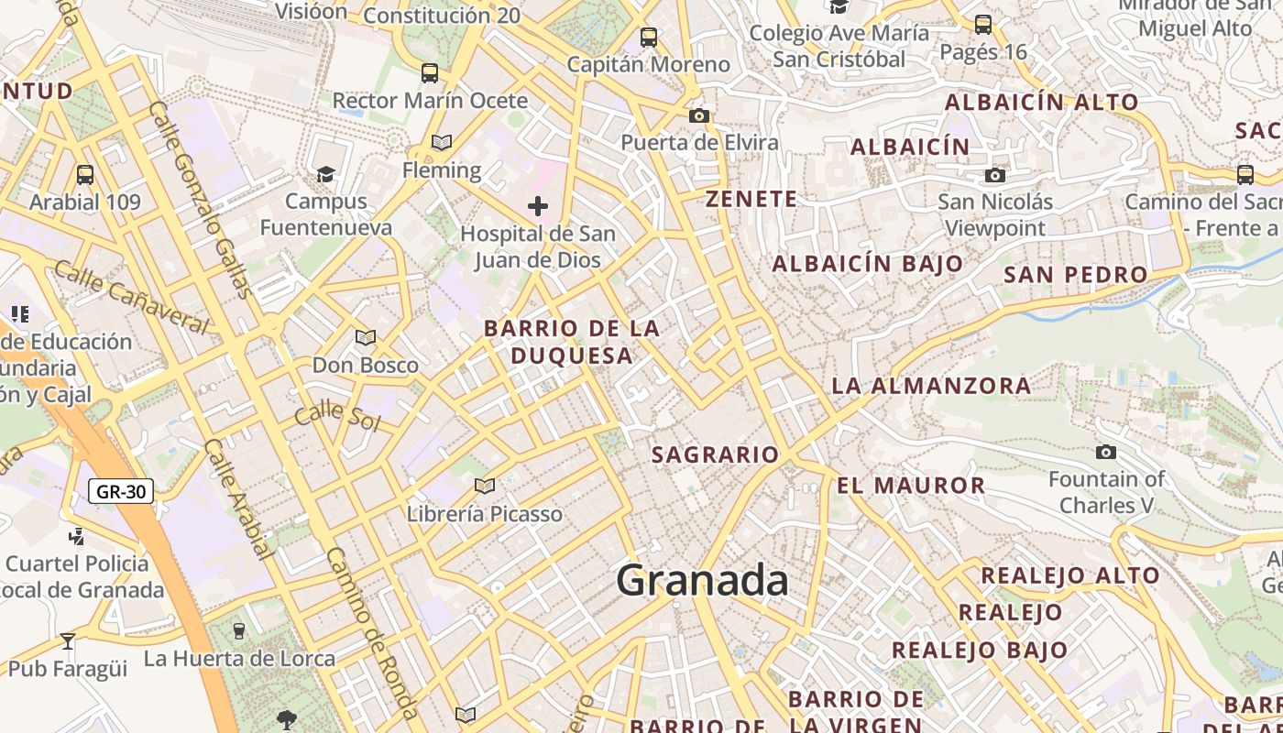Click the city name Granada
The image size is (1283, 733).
(x=702, y=580)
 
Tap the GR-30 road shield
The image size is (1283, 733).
(x=121, y=491)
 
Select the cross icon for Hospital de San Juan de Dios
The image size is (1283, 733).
(x=538, y=206)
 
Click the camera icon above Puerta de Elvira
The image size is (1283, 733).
(x=699, y=115)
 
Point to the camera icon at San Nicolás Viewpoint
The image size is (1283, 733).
(x=995, y=175)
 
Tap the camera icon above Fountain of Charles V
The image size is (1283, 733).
(x=1106, y=452)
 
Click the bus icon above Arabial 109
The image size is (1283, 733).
(x=85, y=174)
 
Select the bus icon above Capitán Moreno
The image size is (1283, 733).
(x=649, y=38)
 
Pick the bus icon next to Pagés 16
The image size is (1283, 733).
(x=983, y=25)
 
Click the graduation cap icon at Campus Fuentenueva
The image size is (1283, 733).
(x=325, y=174)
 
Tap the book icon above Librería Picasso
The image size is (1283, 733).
(x=485, y=486)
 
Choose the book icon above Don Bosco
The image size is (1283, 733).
(x=366, y=337)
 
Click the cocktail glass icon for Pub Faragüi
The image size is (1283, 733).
(x=67, y=640)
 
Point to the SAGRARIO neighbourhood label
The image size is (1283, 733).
(x=715, y=454)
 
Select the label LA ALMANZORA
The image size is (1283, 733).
(x=931, y=386)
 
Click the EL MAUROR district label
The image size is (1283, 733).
(x=911, y=486)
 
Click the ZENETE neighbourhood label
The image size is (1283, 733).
(x=751, y=199)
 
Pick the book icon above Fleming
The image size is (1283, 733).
(x=442, y=143)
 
